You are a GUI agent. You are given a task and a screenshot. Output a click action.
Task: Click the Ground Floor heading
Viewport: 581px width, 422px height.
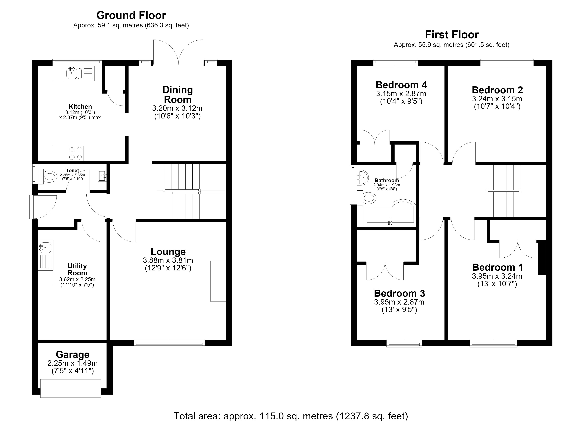point(131,15)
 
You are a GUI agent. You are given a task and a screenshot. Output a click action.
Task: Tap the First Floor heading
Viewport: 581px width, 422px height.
point(452,34)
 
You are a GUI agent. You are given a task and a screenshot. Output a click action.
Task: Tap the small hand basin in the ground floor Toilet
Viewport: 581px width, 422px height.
point(102,176)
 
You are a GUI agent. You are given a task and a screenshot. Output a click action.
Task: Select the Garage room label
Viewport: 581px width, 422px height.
point(73,354)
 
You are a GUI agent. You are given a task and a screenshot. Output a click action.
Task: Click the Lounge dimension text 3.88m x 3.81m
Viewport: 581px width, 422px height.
point(168,260)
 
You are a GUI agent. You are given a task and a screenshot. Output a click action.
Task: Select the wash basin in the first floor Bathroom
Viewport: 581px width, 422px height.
point(363,177)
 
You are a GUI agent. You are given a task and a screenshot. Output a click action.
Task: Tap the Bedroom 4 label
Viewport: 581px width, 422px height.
point(401,85)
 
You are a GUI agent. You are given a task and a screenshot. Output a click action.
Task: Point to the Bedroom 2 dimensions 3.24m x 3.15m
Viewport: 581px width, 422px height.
point(497,98)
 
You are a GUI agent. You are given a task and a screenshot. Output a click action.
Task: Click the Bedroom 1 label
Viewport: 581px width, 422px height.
point(498,267)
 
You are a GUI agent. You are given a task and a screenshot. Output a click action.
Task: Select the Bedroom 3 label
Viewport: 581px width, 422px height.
point(399,293)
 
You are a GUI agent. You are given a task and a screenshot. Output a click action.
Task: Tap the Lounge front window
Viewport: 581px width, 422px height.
point(169,343)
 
